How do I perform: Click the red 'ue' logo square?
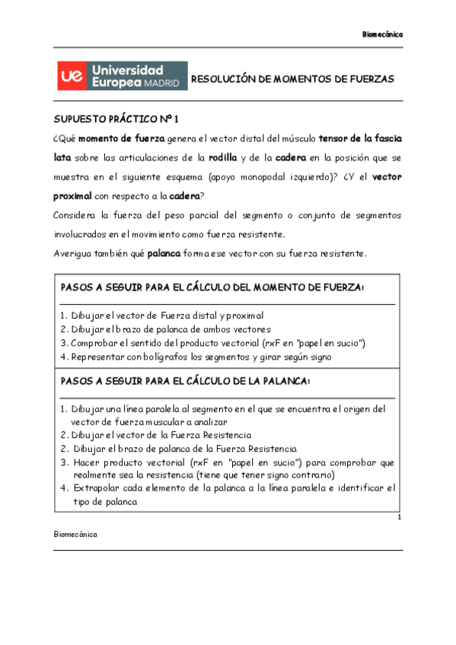tap(72, 78)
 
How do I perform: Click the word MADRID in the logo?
tap(163, 84)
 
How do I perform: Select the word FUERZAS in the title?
tap(368, 79)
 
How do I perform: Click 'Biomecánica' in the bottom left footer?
tap(75, 534)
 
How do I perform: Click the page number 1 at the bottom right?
tap(399, 518)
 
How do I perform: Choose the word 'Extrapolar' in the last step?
tap(99, 488)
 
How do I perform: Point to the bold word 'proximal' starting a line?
tap(71, 195)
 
